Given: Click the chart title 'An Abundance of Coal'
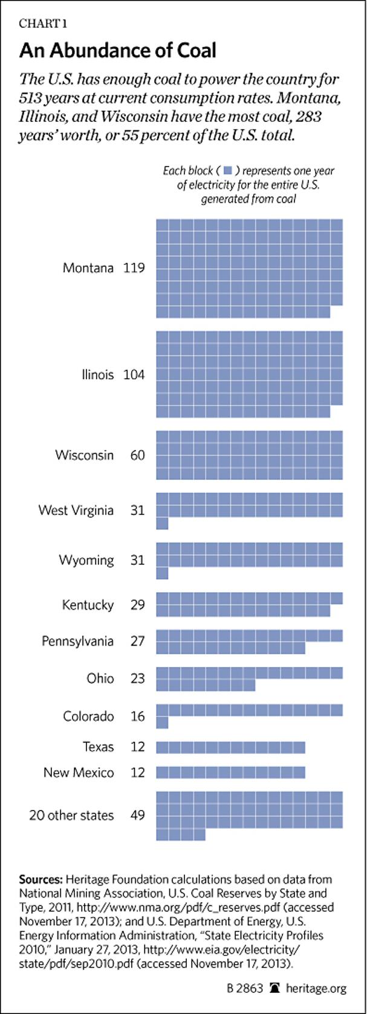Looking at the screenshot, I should tap(117, 50).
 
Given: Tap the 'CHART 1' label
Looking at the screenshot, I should tap(43, 24).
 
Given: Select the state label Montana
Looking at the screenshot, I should tap(88, 267).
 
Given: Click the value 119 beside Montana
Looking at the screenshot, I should tap(134, 267).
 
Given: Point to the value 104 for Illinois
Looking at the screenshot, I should tap(134, 375).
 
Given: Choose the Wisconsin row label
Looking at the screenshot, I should tap(84, 454).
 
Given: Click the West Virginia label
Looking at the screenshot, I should tap(76, 510).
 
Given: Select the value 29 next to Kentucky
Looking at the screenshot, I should tap(138, 604).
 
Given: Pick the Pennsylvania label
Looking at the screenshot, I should tap(77, 641).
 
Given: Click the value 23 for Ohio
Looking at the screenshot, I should tap(138, 678).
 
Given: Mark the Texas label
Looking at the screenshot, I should tap(98, 747).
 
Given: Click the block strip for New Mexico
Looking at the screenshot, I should tap(230, 772).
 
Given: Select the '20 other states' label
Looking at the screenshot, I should tap(71, 815).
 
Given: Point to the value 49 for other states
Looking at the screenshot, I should tap(138, 815).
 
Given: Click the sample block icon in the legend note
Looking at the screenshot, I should tap(229, 170).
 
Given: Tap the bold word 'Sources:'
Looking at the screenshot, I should tap(41, 879).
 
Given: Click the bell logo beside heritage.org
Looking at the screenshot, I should tap(275, 988).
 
